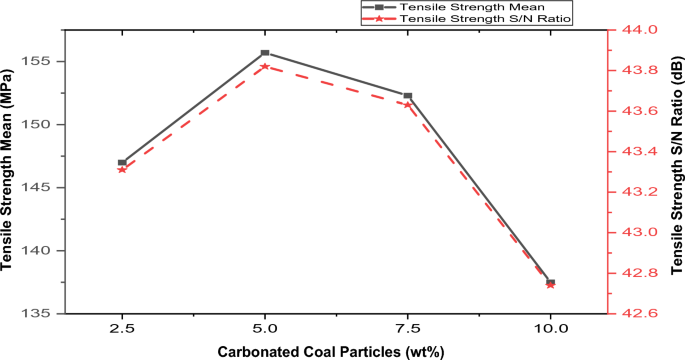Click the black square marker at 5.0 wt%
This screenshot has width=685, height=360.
click(x=265, y=52)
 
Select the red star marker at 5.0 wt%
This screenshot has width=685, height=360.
click(x=265, y=66)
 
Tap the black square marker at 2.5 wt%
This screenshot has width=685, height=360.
click(x=122, y=162)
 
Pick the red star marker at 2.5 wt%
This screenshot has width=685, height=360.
click(x=122, y=169)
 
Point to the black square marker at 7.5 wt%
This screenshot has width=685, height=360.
click(x=408, y=96)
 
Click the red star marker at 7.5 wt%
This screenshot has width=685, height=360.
click(x=408, y=104)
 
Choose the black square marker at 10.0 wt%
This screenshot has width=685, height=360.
click(x=550, y=282)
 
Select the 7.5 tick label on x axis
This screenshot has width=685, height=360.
click(x=408, y=328)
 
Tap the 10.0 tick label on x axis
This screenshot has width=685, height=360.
click(x=550, y=328)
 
